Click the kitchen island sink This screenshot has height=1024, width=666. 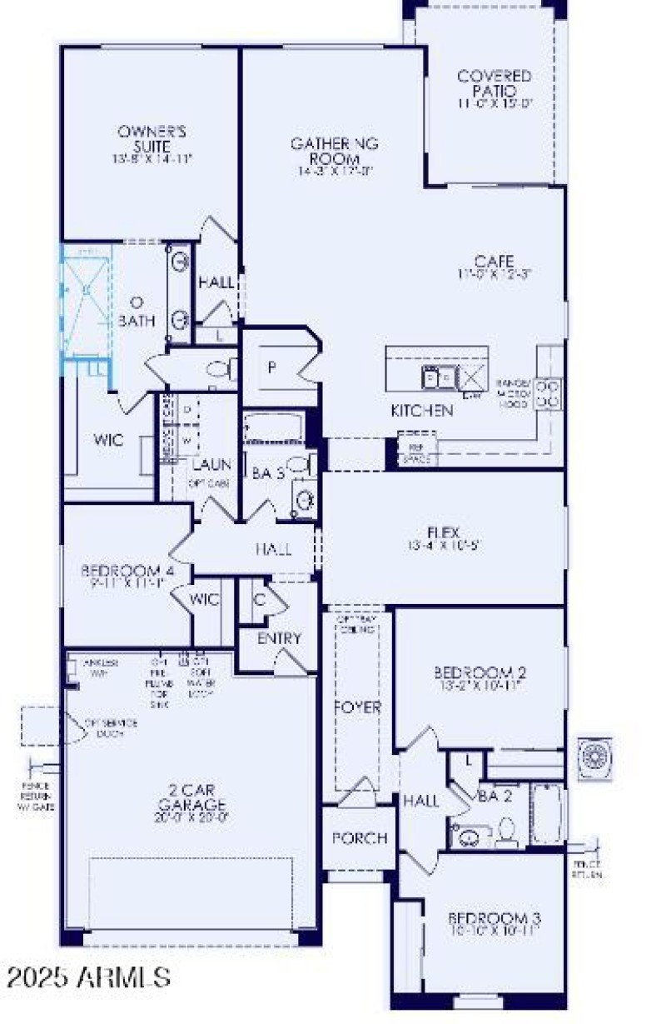click(436, 377)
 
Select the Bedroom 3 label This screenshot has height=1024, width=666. click(495, 922)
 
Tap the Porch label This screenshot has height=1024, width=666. click(360, 837)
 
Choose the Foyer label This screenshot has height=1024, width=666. click(358, 707)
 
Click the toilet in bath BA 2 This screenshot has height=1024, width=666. click(506, 828)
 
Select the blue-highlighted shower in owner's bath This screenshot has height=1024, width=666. click(86, 298)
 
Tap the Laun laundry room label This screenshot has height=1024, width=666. click(211, 463)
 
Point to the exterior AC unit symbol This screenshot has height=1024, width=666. click(595, 757)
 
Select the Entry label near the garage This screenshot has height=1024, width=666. click(279, 639)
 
